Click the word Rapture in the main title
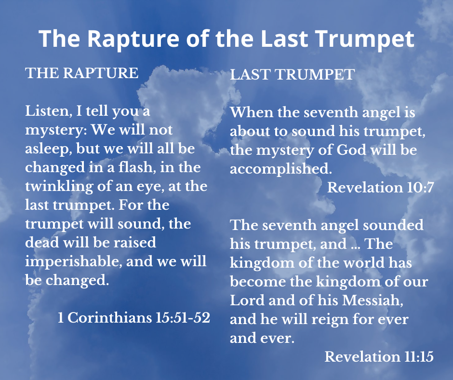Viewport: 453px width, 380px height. pos(133,39)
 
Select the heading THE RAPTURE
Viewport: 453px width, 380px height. pos(82,73)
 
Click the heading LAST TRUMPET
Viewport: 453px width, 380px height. pos(293,74)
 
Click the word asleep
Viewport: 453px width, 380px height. pos(49,149)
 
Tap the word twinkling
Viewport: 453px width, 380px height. pos(59,187)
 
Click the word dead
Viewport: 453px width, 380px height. pos(42,243)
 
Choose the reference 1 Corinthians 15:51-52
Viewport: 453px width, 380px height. pos(134,317)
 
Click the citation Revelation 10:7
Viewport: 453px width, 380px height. pos(381,188)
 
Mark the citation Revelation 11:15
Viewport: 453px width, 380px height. pos(379,356)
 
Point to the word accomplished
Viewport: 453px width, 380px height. pos(281,169)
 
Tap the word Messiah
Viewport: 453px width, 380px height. pos(373,300)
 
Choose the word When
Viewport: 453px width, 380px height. pos(252,112)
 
